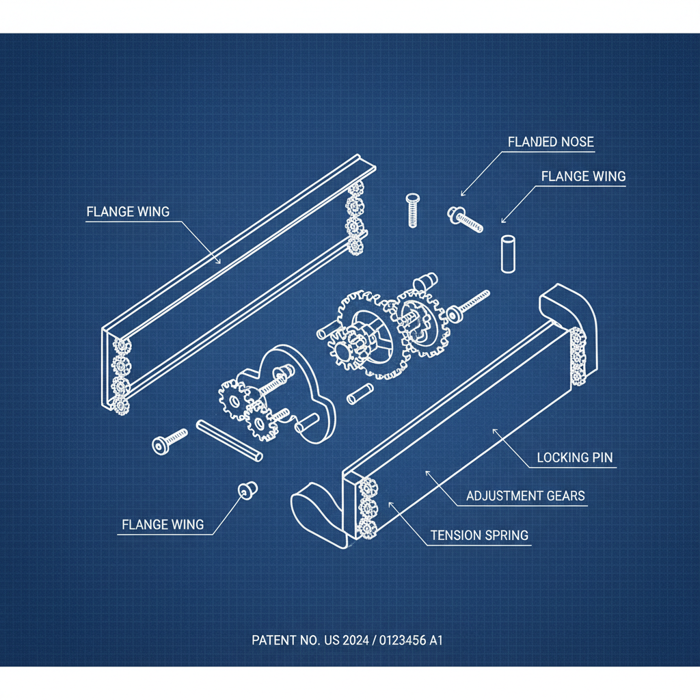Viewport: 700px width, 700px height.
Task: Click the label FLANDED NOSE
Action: pos(551,142)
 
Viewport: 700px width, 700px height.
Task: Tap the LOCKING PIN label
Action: pos(575,457)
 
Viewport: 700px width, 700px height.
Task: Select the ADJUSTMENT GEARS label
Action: pos(526,496)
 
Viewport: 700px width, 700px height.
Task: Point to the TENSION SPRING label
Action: pos(480,535)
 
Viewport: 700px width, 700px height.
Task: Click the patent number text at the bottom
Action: pos(347,641)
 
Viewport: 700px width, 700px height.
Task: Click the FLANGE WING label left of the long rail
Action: pos(128,211)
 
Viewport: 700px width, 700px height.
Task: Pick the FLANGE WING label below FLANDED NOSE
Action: pos(583,176)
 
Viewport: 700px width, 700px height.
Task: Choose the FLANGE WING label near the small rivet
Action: pos(163,524)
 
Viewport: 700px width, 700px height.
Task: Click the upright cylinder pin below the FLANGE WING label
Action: pos(507,254)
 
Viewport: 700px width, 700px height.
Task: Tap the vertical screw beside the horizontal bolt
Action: pos(412,211)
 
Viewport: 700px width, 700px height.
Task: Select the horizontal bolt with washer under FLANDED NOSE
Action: pos(465,219)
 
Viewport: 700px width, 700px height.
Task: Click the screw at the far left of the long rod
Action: pos(168,440)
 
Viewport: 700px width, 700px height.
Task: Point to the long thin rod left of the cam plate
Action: pos(229,441)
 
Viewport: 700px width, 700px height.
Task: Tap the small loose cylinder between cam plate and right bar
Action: pos(358,394)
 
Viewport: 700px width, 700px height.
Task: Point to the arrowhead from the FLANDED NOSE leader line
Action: pos(463,193)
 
